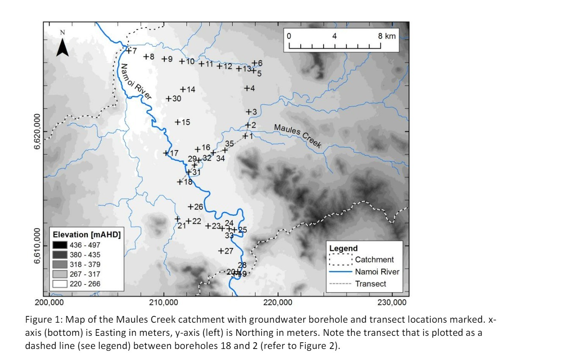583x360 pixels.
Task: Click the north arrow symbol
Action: [x=62, y=47]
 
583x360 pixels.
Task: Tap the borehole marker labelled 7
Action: [x=129, y=51]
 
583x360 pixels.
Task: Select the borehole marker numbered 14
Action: [x=183, y=89]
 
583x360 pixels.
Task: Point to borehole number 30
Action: [x=169, y=99]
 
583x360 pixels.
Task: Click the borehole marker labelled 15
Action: [x=178, y=122]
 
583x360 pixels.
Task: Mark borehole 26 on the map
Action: [x=191, y=207]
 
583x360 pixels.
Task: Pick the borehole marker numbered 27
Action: [x=221, y=251]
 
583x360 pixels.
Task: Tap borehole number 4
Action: [x=247, y=88]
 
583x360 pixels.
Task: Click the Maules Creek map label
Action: [x=297, y=135]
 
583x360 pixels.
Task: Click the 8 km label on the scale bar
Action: [x=387, y=36]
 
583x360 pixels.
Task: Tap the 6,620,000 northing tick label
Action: [x=37, y=131]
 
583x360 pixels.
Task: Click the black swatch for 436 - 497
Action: [x=60, y=245]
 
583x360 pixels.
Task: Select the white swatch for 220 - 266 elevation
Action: [x=60, y=284]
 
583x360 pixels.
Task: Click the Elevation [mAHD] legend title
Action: [x=86, y=234]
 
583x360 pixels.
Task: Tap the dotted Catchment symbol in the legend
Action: [x=341, y=260]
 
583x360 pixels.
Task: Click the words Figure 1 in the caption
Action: [x=39, y=319]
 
